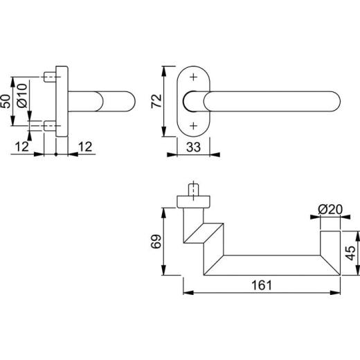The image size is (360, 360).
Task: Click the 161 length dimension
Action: pyautogui.click(x=262, y=285)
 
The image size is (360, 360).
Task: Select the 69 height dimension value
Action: pyautogui.click(x=156, y=242)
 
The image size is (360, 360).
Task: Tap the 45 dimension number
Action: pyautogui.click(x=351, y=253)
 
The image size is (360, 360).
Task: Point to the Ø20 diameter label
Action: pyautogui.click(x=330, y=210)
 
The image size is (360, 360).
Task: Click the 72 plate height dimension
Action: pyautogui.click(x=157, y=101)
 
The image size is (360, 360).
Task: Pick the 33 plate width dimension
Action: pyautogui.click(x=193, y=147)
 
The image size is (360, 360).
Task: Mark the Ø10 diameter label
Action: pyautogui.click(x=23, y=96)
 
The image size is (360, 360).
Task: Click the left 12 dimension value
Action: pyautogui.click(x=22, y=147)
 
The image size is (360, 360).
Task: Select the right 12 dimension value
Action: pyautogui.click(x=85, y=147)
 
